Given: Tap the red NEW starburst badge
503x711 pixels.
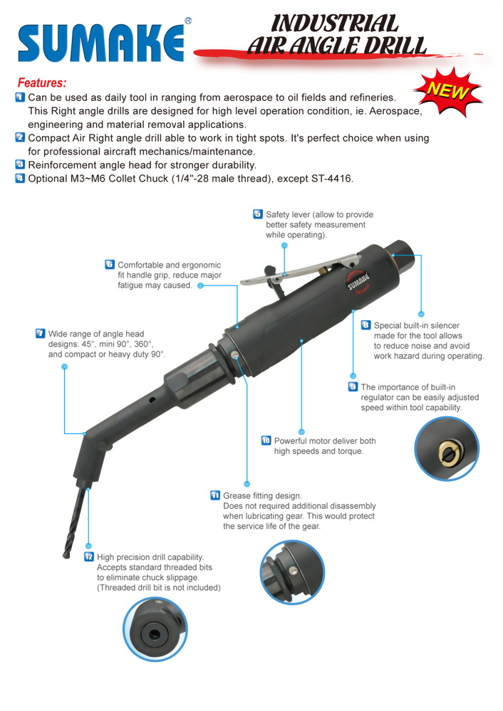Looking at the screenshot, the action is click(x=447, y=91).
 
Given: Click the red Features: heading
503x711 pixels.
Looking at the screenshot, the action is click(x=42, y=83).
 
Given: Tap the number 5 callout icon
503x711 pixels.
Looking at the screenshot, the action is click(x=258, y=214).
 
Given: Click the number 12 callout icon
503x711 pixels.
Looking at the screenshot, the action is click(x=89, y=557).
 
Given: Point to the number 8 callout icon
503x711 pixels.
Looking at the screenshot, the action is click(x=366, y=325).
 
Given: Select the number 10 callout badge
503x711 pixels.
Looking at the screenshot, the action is click(x=266, y=441).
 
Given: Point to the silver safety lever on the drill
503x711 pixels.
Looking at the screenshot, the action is click(x=300, y=272).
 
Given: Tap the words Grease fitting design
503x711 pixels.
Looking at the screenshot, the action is click(x=262, y=495).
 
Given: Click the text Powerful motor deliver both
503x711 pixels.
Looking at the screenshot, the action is click(x=325, y=441).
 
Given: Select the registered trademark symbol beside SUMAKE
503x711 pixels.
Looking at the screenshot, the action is click(x=188, y=21).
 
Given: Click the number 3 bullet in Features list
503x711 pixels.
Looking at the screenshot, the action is click(x=21, y=164).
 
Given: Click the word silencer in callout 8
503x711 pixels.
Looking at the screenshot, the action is click(x=445, y=325).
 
